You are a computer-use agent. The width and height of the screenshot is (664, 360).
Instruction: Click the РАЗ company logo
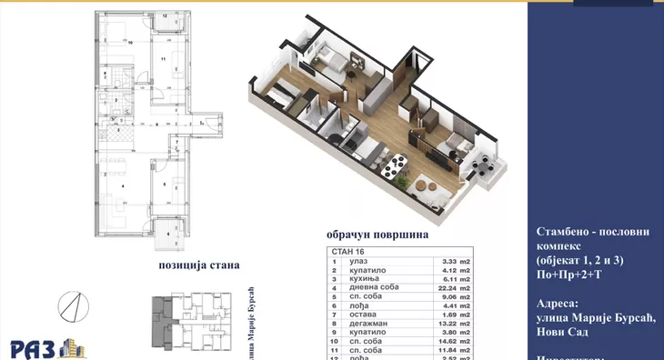pyautogui.click(x=46, y=346)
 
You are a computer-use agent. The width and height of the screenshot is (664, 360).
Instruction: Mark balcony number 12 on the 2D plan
pyautogui.click(x=165, y=16)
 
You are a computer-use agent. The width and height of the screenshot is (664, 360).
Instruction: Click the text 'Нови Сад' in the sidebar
pyautogui.click(x=559, y=334)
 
